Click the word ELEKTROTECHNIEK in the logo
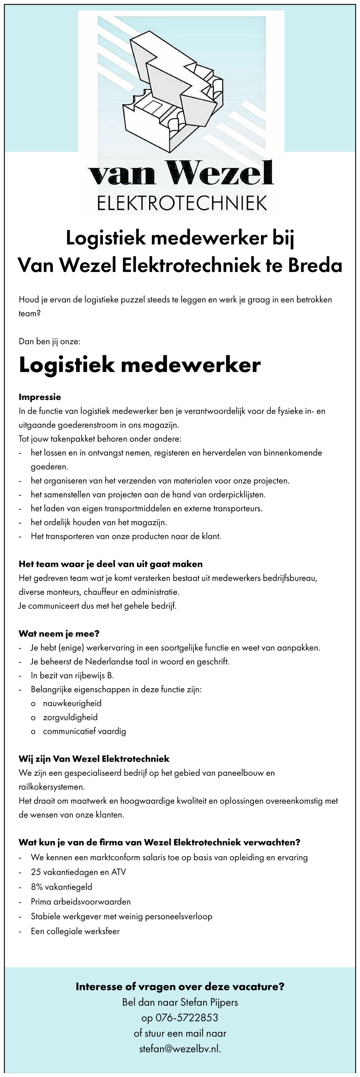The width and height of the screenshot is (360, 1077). [x=182, y=203]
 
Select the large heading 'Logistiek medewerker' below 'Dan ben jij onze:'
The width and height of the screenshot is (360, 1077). [x=140, y=365]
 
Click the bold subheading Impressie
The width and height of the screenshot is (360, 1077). [x=40, y=397]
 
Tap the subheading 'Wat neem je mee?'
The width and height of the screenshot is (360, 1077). [x=59, y=634]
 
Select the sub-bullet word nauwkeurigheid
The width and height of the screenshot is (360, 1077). [x=72, y=703]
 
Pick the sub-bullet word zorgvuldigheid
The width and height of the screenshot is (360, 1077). [x=70, y=717]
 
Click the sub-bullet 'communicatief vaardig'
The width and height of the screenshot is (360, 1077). [x=85, y=731]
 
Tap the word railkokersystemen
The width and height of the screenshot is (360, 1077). [x=51, y=787]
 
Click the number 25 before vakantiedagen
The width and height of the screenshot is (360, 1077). [x=36, y=872]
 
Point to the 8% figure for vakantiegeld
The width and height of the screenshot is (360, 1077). [x=37, y=886]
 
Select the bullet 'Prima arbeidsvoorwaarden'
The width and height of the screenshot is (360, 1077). [x=81, y=901]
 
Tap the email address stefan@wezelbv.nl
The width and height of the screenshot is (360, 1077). [x=179, y=1048]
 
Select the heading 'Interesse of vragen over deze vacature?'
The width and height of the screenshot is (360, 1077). [x=180, y=987]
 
